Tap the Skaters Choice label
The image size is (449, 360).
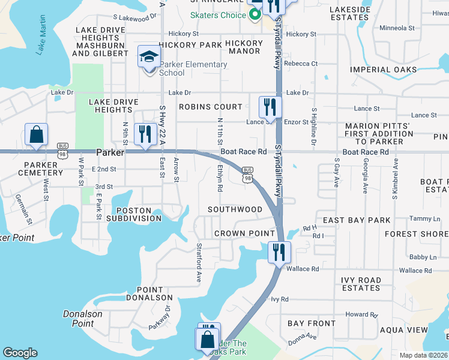click(x=217, y=15)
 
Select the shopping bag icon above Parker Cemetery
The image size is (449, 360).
click(x=36, y=135)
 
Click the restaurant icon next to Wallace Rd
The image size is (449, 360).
click(x=279, y=252)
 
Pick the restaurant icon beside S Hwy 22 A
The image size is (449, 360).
click(x=144, y=134)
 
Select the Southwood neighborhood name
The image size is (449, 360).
click(x=235, y=209)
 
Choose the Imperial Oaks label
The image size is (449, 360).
click(x=384, y=70)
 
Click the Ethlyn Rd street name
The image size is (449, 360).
click(x=220, y=179)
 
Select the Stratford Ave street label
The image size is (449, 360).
click(x=198, y=262)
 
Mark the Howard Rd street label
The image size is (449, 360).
click(x=361, y=314)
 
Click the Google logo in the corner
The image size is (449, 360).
click(x=20, y=353)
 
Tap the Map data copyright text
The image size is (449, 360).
click(x=424, y=355)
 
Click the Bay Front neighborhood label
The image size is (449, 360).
click(x=312, y=323)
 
